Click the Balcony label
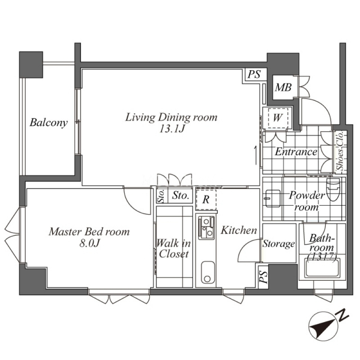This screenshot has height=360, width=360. pyautogui.click(x=49, y=122)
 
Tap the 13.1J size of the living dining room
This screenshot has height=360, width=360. pyautogui.click(x=172, y=129)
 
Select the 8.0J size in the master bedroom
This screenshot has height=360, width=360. pyautogui.click(x=89, y=243)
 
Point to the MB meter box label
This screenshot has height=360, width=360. pyautogui.click(x=283, y=87)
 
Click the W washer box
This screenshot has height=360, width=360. pyautogui.click(x=277, y=118)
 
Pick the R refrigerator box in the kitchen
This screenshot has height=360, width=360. pyautogui.click(x=206, y=200)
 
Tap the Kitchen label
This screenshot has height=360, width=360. pyautogui.click(x=239, y=230)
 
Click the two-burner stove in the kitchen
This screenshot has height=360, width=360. pyautogui.click(x=207, y=228)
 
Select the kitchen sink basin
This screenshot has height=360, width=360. pyautogui.click(x=208, y=273)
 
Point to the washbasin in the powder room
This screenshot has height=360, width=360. pyautogui.click(x=273, y=198)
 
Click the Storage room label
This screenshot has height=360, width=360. pyautogui.click(x=279, y=243)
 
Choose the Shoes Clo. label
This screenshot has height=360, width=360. pyautogui.click(x=340, y=151)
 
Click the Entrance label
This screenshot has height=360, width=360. pyautogui.click(x=296, y=152)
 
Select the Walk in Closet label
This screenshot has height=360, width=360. pyautogui.click(x=174, y=248)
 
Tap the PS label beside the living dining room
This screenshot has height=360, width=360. pyautogui.click(x=254, y=74)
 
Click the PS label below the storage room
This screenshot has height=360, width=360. pyautogui.click(x=263, y=277)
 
